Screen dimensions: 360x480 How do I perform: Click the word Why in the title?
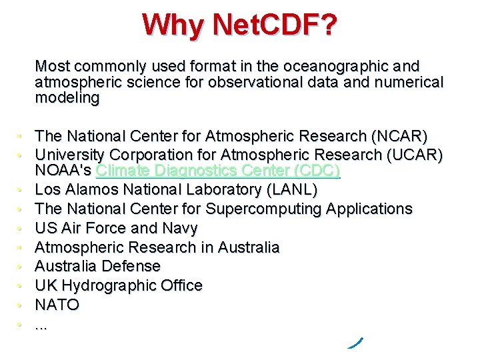[x=172, y=25]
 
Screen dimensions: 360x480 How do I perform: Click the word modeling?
[x=67, y=98]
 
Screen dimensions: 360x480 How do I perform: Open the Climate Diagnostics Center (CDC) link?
[x=218, y=171]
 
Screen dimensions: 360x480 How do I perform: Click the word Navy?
[x=180, y=229]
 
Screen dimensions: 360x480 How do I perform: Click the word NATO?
[x=57, y=305]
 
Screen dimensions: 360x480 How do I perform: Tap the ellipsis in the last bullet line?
[x=41, y=326]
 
